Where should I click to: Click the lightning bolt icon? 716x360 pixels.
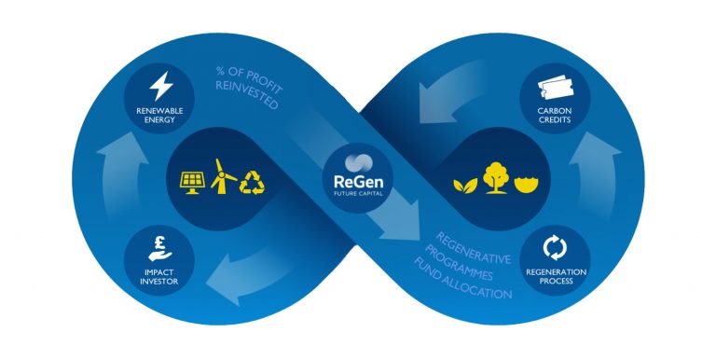[161, 86]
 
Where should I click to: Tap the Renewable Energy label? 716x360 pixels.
[159, 115]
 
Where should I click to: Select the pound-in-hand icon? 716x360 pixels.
[159, 248]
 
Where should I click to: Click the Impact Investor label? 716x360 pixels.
[158, 277]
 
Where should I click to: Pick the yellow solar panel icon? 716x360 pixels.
[192, 183]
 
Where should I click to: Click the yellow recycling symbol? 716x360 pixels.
[252, 183]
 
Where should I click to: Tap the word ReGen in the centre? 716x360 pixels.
[358, 181]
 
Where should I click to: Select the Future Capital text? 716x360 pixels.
[358, 193]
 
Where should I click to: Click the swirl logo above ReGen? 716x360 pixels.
[358, 163]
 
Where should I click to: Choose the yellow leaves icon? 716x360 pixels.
[465, 185]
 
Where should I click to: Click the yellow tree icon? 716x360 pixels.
[495, 178]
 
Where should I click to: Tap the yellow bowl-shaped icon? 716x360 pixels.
[527, 185]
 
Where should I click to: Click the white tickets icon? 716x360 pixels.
[556, 87]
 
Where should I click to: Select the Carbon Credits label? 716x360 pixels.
[555, 115]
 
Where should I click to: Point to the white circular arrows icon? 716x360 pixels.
[555, 247]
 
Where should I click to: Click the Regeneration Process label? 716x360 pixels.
[556, 276]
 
